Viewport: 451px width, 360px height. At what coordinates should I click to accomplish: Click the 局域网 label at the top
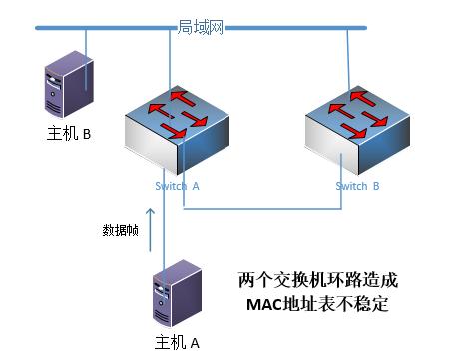point(200,27)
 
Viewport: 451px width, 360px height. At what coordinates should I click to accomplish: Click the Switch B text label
point(357,186)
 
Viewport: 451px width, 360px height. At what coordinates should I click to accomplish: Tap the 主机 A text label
point(178,343)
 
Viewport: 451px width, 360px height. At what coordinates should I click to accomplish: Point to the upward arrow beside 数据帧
point(151,226)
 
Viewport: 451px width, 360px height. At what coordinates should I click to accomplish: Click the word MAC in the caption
point(261,303)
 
